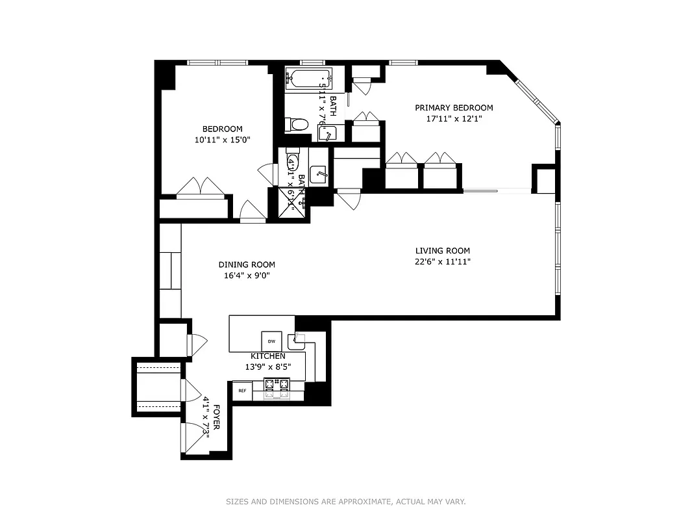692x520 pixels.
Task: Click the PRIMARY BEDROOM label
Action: point(454,108)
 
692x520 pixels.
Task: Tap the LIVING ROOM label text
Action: point(442,251)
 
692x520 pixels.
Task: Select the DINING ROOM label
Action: point(246,265)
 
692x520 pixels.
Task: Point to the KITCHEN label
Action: point(267,356)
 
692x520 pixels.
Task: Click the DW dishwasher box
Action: point(271,341)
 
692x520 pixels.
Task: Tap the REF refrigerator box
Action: point(242,391)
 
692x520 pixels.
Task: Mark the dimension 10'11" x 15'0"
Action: point(222,140)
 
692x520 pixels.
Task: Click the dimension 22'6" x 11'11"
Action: point(442,262)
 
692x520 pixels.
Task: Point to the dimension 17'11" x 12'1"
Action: point(454,119)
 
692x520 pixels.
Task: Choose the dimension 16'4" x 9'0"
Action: point(246,276)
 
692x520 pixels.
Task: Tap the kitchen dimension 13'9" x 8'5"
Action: point(267,367)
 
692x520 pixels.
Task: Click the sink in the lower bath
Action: point(318,174)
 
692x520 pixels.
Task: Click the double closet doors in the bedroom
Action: point(201,187)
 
